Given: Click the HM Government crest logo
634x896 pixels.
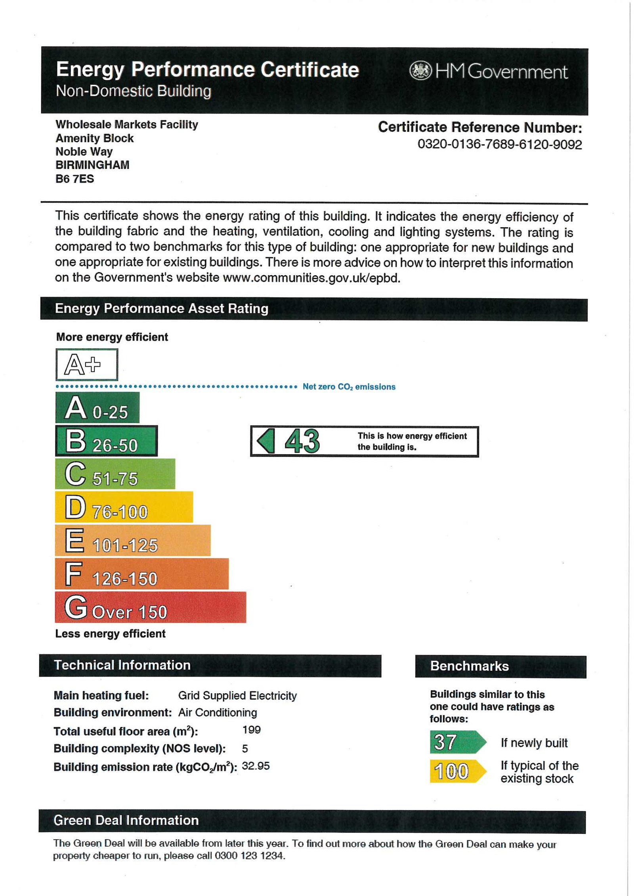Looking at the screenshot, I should [420, 71].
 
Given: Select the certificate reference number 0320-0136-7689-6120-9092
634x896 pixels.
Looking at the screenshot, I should [499, 145].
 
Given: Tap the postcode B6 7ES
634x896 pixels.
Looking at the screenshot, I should [74, 179].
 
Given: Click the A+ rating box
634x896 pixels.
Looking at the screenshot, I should [86, 364].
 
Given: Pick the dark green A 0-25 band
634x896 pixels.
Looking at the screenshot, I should [97, 407].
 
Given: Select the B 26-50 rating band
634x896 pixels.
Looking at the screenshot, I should [106, 441].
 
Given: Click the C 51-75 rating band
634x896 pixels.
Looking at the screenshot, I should [115, 474].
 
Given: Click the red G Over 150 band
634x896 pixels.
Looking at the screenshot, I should [150, 607].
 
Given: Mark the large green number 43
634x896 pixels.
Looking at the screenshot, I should [302, 441].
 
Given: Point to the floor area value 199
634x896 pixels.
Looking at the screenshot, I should [251, 730].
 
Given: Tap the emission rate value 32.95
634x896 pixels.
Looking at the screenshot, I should [256, 766].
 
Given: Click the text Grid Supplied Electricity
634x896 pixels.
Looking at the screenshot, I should [237, 696].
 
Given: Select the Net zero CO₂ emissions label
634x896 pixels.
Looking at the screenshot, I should [349, 387].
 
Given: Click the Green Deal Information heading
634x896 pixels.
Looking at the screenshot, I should [126, 820].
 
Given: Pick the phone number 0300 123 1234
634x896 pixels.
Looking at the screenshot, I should [250, 856].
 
